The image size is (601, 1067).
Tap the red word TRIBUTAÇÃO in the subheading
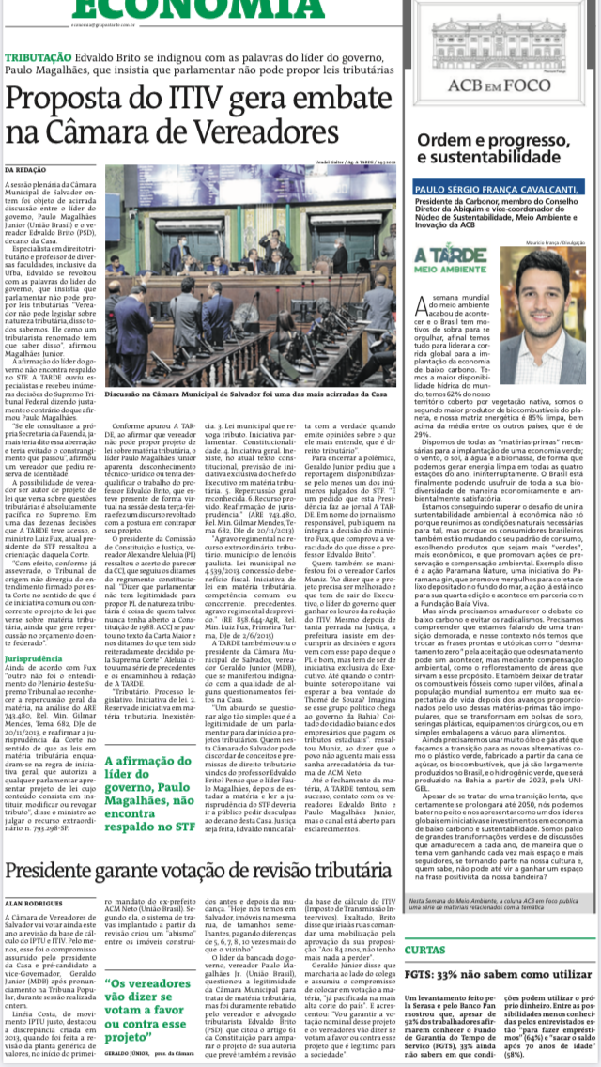tap(66, 56)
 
